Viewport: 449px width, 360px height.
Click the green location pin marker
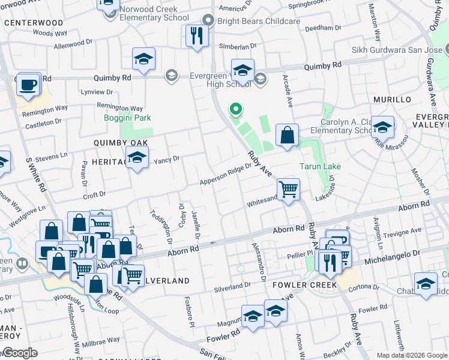[x=236, y=110]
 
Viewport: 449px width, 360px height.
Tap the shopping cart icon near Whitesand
[x=289, y=190]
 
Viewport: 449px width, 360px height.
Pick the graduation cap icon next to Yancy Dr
[x=137, y=158]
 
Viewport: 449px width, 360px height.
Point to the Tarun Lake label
[x=321, y=166]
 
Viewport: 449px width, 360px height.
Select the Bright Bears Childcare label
[x=263, y=21]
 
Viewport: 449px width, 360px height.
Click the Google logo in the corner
[x=19, y=353]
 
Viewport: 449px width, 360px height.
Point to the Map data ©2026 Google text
[x=412, y=355]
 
